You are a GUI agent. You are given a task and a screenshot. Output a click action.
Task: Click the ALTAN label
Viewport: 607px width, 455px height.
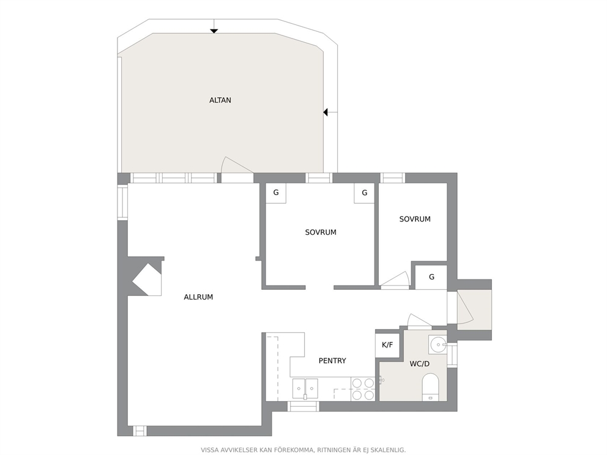[x=220, y=100]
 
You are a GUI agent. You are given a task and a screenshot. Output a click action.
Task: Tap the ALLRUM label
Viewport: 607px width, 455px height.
[x=198, y=297]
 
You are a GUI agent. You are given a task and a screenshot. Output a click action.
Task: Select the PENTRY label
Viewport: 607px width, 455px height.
[x=332, y=361]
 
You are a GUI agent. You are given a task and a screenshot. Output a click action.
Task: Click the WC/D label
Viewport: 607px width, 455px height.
[x=420, y=364]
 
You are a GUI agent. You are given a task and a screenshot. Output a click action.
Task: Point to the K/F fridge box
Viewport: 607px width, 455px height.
[x=387, y=345]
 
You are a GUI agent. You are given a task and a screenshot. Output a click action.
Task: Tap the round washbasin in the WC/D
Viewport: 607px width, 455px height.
[x=438, y=344]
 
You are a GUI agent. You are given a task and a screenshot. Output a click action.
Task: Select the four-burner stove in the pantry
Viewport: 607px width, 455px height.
[x=363, y=389]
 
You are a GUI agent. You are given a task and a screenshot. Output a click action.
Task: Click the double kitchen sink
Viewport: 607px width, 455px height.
[x=305, y=388]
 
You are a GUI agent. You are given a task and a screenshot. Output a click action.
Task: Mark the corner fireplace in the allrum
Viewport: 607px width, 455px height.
[x=147, y=279]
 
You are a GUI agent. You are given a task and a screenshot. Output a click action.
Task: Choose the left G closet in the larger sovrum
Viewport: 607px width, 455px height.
[x=275, y=193]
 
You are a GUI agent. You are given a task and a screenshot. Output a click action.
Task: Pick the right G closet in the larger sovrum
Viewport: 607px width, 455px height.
[x=364, y=193]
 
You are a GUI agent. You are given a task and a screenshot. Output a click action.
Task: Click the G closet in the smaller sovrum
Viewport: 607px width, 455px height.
[x=431, y=276]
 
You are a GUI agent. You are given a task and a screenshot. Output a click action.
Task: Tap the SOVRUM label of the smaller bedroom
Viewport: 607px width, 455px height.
[x=415, y=219]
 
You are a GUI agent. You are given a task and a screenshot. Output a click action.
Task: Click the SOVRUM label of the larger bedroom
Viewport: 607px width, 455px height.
[x=321, y=232]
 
